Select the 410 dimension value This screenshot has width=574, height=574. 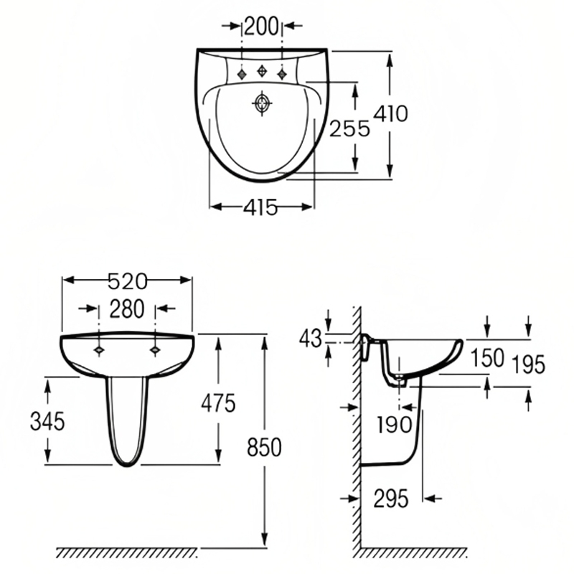391,113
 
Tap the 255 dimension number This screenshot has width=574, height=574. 349,128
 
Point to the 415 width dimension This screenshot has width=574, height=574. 260,207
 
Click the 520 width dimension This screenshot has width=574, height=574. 127,280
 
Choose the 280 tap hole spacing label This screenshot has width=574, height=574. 127,309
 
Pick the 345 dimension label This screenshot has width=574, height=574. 47,421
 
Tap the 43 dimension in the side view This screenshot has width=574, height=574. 311,339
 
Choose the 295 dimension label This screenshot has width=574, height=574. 391,497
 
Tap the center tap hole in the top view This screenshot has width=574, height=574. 263,71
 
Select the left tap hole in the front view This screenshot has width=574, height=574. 99,349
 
